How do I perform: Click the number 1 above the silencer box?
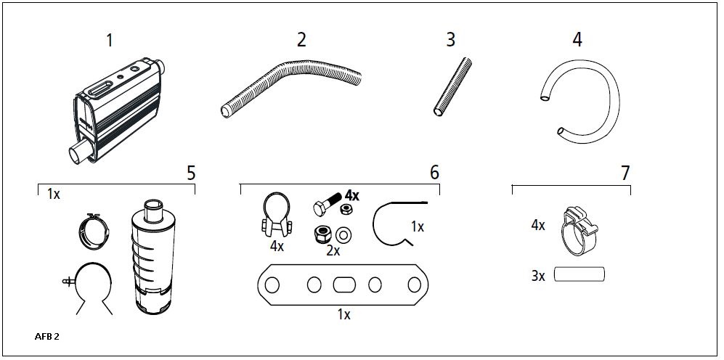tap(110, 41)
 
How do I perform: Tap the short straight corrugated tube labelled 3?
tap(452, 86)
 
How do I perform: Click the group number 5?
tap(191, 173)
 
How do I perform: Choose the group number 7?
tap(625, 173)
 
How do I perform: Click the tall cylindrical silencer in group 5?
tap(151, 256)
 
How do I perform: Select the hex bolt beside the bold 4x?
tap(328, 204)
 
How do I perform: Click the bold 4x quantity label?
tap(352, 196)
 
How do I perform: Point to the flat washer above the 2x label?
tap(343, 235)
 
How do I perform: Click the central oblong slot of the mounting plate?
tap(344, 285)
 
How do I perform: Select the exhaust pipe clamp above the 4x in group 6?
tap(277, 215)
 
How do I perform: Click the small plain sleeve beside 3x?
tap(579, 274)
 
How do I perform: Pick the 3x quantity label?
tap(538, 277)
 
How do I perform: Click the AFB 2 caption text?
tap(46, 337)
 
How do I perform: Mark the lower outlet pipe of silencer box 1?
tap(80, 152)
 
